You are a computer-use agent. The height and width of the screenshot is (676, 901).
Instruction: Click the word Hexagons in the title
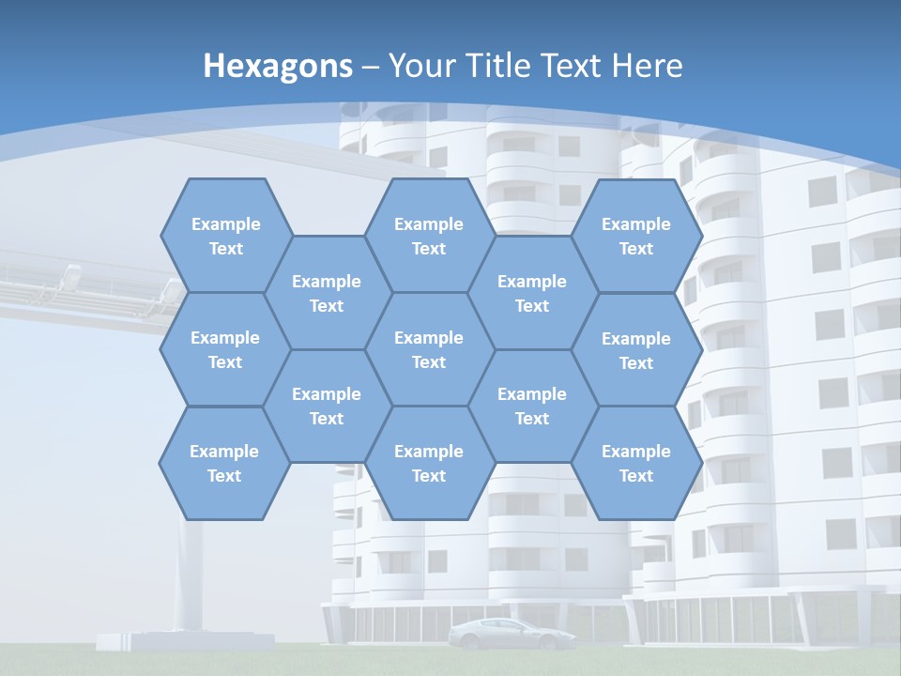coord(278,66)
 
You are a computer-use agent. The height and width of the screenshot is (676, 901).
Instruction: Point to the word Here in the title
coord(647,66)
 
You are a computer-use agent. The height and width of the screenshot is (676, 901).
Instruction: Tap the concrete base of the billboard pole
coord(186,641)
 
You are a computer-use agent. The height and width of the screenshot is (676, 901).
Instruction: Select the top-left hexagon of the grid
coord(225,236)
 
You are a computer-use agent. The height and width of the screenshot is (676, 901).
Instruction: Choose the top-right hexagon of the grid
coord(636,236)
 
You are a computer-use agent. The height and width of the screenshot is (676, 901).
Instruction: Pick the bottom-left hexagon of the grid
coord(224,463)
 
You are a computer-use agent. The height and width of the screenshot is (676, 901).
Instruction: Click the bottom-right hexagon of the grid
coord(636,463)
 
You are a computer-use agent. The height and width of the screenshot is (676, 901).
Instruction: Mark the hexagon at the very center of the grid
coord(429,349)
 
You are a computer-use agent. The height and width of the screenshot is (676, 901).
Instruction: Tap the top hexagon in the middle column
coord(429,236)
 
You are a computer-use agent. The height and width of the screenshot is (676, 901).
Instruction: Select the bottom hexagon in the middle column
coord(429,463)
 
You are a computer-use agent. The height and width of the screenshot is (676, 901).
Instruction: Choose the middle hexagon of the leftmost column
coord(225,349)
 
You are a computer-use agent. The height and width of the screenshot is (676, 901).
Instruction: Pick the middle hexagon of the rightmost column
coord(636,350)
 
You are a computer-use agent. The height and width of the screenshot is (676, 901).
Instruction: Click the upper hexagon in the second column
coord(327,293)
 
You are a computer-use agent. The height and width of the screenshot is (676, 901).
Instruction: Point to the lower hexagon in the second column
coord(327,406)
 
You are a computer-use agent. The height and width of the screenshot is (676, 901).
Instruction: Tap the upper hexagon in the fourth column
coord(532,293)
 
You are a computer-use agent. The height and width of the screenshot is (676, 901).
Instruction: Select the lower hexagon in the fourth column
coord(532,406)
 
